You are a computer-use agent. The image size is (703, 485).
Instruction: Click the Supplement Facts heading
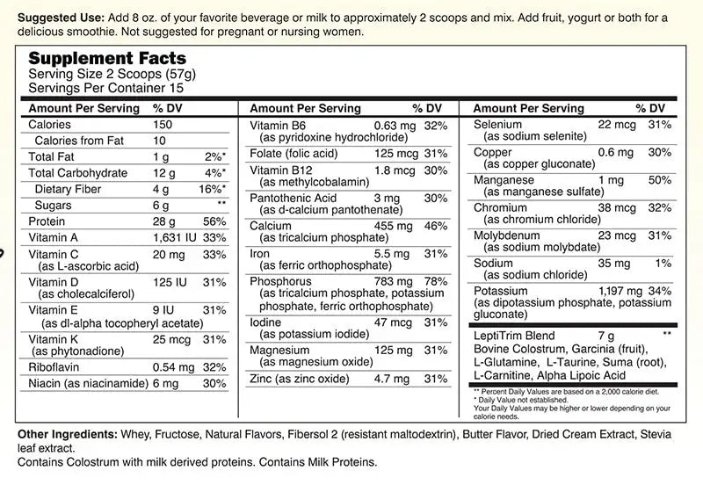click(x=108, y=58)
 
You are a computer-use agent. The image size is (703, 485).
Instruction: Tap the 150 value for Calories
click(x=163, y=125)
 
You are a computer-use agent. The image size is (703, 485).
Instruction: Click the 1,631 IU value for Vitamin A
click(x=174, y=237)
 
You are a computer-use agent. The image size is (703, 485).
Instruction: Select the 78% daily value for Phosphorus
click(x=437, y=281)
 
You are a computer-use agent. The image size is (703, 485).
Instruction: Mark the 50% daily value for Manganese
click(x=659, y=179)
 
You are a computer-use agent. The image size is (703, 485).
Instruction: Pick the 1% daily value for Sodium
click(x=663, y=263)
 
